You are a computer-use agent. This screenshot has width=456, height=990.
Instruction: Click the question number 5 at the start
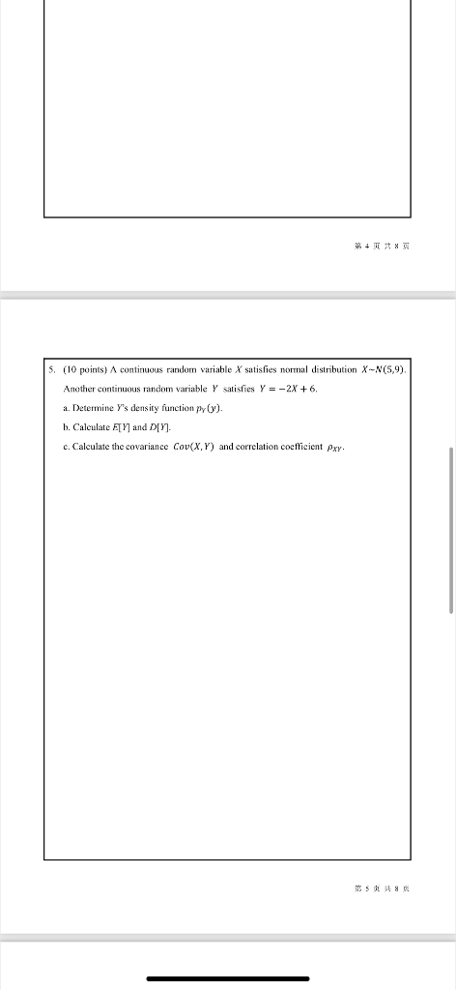[51, 369]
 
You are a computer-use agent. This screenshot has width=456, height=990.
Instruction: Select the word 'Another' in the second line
[80, 389]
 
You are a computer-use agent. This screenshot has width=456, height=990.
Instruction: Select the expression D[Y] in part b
[158, 427]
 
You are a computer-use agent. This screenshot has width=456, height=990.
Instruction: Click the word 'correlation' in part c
[265, 447]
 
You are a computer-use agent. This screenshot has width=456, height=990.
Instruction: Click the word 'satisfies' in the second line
[208, 389]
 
